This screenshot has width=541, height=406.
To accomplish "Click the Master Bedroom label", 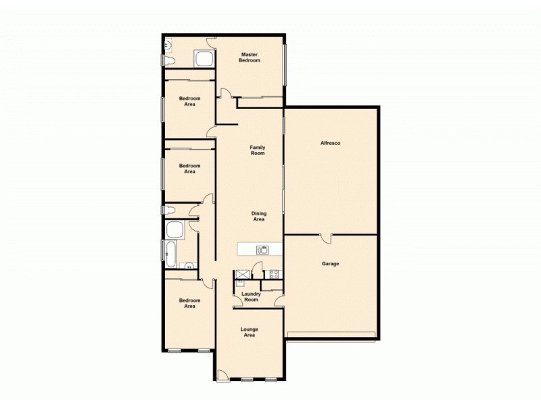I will [x=249, y=58].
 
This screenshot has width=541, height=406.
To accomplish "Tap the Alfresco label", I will [x=330, y=143].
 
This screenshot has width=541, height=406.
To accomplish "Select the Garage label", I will [x=330, y=263].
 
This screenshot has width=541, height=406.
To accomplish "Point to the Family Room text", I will [x=257, y=150].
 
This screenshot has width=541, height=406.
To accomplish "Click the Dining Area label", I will [x=258, y=217].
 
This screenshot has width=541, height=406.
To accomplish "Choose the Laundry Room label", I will [x=251, y=296].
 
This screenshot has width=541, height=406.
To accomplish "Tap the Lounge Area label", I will [x=249, y=332].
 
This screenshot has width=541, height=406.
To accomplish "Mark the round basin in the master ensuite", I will [x=167, y=45].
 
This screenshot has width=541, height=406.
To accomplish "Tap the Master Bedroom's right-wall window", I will [x=285, y=65].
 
